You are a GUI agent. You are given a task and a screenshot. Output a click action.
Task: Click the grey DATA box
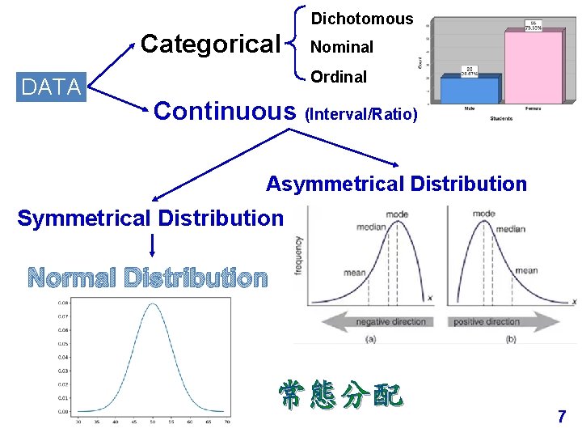pos(52,87)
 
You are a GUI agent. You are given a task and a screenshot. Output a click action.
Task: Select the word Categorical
pos(210,44)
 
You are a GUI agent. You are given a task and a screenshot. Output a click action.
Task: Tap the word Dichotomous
pos(362,19)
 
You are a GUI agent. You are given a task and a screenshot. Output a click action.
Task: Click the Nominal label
pos(343,48)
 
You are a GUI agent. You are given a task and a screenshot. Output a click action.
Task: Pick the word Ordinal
pos(339,78)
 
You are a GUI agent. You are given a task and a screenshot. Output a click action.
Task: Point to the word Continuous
pos(225,111)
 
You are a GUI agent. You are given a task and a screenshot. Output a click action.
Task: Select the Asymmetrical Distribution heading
pos(396,185)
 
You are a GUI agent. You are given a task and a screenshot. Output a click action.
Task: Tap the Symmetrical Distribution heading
pos(150,218)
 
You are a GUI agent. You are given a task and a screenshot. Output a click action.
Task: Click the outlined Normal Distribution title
pos(148,278)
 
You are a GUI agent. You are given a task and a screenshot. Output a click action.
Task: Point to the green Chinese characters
pos(340,395)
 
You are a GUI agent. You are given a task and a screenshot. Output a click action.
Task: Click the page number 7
pos(562,417)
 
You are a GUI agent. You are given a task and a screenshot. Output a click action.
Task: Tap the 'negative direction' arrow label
pos(391,322)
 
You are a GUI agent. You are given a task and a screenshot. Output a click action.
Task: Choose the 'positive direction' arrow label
pos(486,322)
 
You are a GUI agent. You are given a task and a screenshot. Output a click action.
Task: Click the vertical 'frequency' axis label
pos(299,256)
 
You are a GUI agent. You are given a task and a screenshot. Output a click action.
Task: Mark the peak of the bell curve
pos(152,304)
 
